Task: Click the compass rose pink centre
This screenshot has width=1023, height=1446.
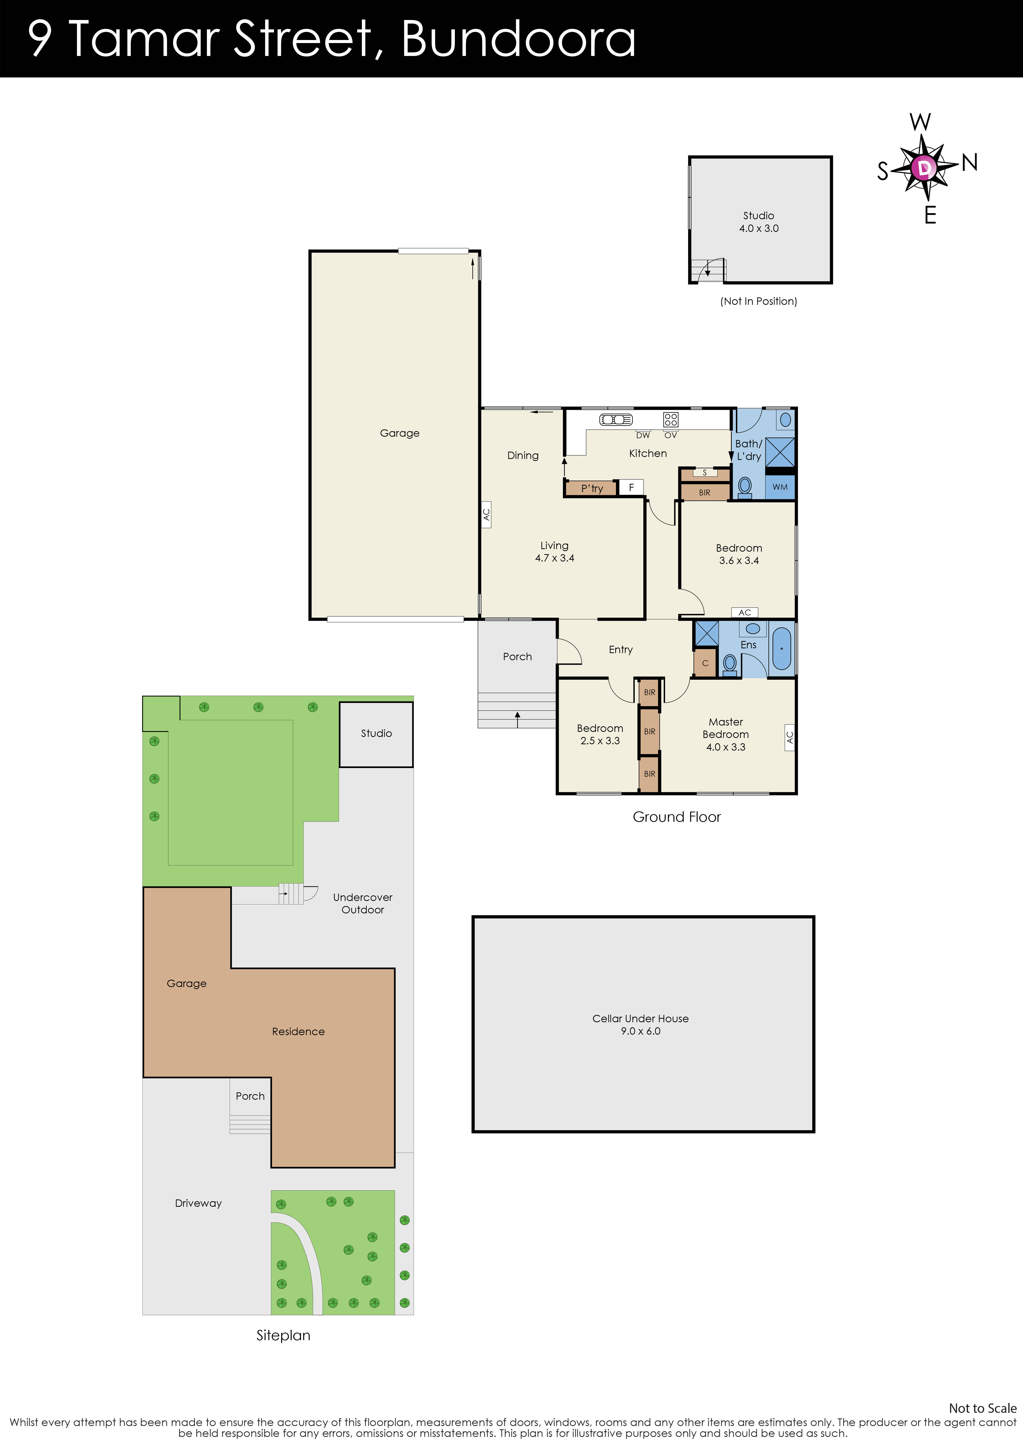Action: click(923, 168)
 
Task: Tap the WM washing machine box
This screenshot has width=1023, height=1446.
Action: click(780, 487)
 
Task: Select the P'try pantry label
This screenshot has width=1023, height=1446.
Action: click(591, 488)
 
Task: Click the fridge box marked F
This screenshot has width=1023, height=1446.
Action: click(631, 488)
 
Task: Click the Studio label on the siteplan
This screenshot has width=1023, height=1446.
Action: click(376, 733)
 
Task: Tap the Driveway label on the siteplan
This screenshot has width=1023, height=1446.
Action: click(198, 1203)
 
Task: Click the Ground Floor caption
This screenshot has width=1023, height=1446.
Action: click(677, 817)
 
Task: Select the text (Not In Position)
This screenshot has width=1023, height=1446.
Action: click(758, 301)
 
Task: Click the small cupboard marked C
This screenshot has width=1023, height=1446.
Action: click(705, 663)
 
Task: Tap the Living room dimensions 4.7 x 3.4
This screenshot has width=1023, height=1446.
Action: click(554, 558)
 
